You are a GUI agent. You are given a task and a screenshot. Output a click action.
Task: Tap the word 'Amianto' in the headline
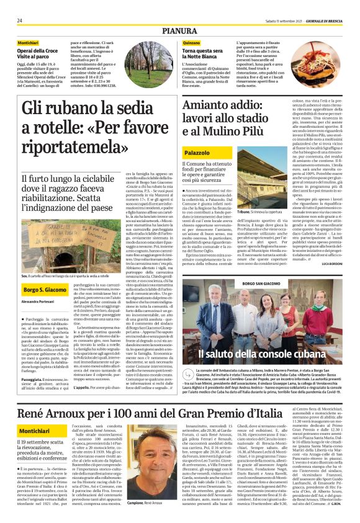(x=191, y=106)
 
